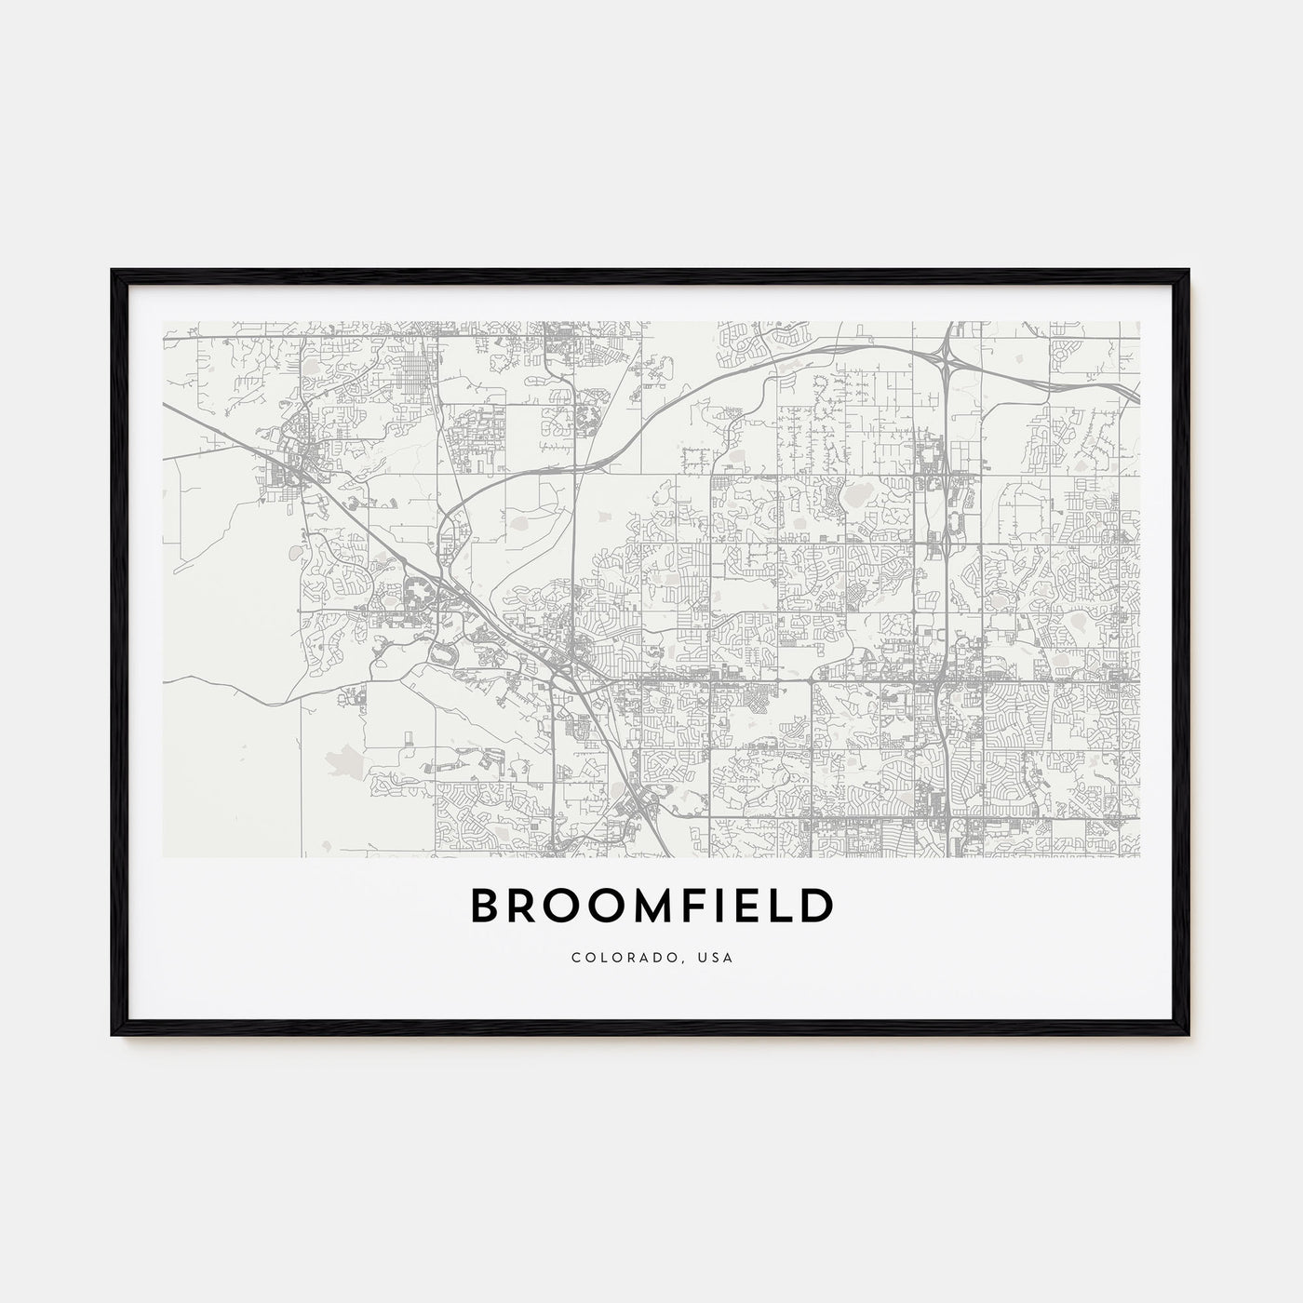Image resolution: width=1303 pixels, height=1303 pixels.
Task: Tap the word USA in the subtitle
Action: point(717,958)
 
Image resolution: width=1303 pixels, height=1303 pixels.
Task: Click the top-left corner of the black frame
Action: point(113,271)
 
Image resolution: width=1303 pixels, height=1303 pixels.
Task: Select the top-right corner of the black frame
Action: point(1189,271)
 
